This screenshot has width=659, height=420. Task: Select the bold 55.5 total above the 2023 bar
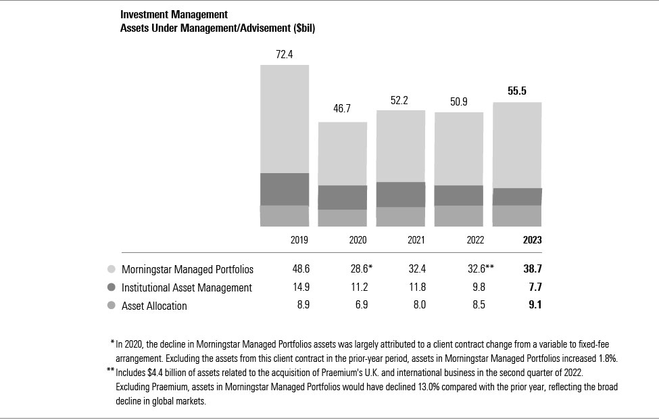517,91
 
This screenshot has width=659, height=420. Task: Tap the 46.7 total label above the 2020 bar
343,110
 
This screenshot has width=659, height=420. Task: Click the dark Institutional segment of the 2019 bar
285,189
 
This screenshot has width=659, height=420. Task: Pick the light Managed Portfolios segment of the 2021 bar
401,145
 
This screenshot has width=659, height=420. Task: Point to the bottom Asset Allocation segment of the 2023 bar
517,215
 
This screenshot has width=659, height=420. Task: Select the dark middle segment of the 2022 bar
459,195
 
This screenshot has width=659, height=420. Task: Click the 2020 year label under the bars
343,240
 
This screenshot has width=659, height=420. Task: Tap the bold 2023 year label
532,240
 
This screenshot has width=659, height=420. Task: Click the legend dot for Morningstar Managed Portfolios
112,269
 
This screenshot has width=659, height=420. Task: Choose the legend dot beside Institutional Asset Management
112,287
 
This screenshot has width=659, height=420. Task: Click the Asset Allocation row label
154,306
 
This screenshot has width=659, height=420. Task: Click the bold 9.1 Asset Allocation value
535,306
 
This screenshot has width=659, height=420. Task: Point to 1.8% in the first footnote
606,357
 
